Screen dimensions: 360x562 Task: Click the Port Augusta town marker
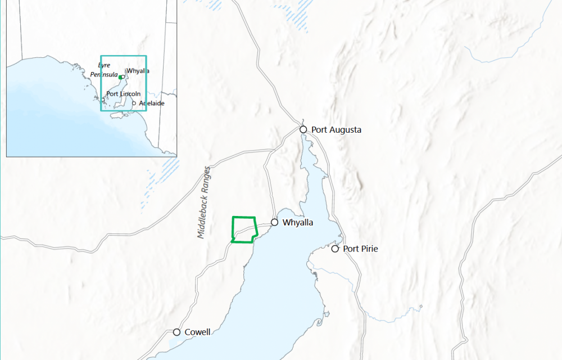coord(303,129)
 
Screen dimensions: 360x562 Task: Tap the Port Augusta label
coord(337,130)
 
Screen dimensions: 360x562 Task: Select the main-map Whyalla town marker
coord(274,222)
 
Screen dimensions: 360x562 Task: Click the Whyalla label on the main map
coord(298,223)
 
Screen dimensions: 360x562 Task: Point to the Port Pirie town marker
coord(335,249)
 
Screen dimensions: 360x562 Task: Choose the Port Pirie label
coord(360,249)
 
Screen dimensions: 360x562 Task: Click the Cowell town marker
coord(176,332)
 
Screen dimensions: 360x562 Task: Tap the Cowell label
coord(198,332)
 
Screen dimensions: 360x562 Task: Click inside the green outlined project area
coord(244,229)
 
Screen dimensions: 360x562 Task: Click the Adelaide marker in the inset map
coord(134,103)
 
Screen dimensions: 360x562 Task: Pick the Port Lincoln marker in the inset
coord(103,100)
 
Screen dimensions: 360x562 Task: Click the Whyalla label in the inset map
coord(138,71)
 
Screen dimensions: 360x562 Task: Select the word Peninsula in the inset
coord(104,74)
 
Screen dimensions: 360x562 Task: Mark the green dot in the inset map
coord(120,77)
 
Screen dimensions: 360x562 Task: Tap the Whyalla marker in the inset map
coord(123,76)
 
